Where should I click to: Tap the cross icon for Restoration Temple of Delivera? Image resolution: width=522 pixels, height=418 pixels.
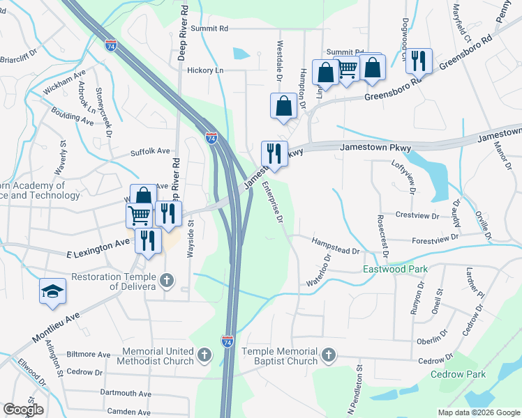click(x=166, y=281)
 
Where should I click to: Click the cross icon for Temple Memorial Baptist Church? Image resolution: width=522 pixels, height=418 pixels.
click(x=328, y=357)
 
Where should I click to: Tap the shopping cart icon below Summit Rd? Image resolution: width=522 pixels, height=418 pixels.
click(x=348, y=69)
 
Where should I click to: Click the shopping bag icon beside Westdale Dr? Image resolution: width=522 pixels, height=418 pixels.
click(x=284, y=107)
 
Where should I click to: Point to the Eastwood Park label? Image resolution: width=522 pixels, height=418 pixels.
click(x=394, y=268)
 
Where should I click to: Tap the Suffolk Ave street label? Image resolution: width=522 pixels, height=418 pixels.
click(x=150, y=151)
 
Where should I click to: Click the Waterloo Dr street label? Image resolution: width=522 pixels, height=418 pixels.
click(x=318, y=270)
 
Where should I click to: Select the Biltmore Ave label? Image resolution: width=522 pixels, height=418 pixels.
click(x=89, y=355)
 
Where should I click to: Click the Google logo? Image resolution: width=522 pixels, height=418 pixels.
click(x=24, y=410)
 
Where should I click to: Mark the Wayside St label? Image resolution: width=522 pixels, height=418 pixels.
click(x=190, y=241)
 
